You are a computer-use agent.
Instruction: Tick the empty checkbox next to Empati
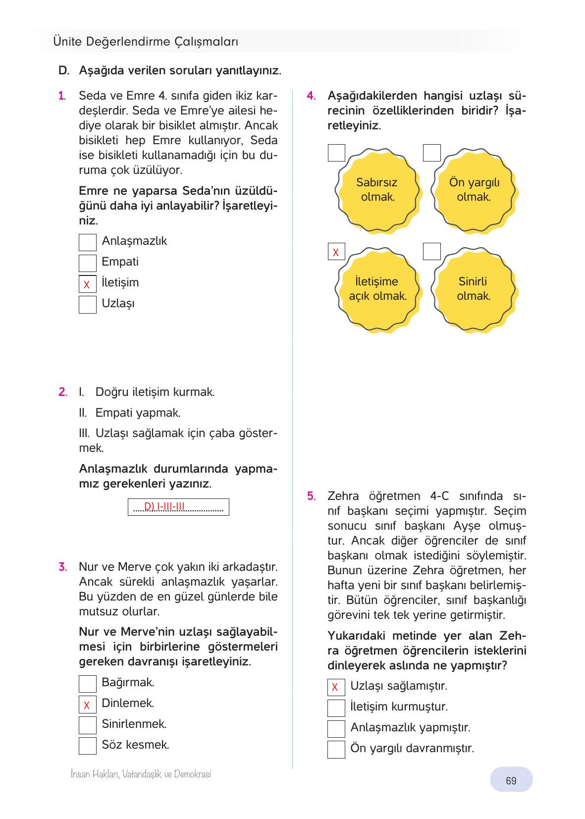click(x=88, y=263)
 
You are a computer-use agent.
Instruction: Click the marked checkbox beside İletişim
click(x=88, y=284)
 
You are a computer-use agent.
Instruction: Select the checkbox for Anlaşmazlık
click(x=88, y=242)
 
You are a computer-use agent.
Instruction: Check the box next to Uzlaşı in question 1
click(x=88, y=305)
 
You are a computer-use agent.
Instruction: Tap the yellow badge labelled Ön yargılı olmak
click(x=474, y=189)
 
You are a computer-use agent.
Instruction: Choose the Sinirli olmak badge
click(x=474, y=288)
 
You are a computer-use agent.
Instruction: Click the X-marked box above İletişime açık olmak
click(x=336, y=252)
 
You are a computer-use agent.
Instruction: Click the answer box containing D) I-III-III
click(x=178, y=507)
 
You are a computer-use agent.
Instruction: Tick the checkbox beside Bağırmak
click(x=88, y=684)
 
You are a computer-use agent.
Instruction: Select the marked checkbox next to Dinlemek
click(x=88, y=705)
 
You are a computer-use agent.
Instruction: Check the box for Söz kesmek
click(x=88, y=746)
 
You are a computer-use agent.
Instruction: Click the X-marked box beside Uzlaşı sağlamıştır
click(x=336, y=687)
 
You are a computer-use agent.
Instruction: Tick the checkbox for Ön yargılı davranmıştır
click(x=336, y=750)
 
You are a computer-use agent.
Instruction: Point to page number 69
click(x=511, y=781)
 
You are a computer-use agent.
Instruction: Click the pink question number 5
click(x=311, y=496)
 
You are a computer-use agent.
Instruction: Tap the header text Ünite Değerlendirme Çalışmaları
click(x=146, y=42)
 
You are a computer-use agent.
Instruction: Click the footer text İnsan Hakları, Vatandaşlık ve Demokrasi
click(x=141, y=774)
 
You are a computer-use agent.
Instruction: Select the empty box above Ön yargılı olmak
click(x=432, y=153)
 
